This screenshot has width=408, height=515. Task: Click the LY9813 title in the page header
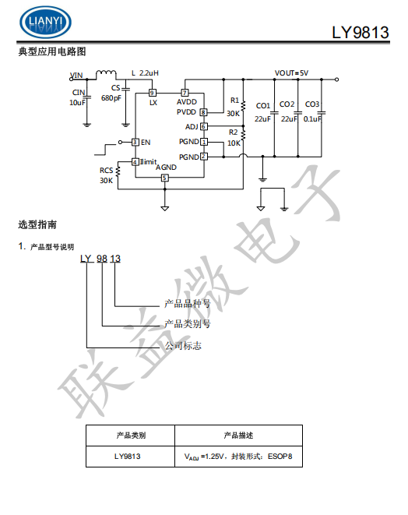pos(361,33)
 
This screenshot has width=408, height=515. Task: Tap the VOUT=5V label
pos(291,73)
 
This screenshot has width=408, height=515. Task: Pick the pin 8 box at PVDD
pos(203,112)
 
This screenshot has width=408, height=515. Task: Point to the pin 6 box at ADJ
pos(203,126)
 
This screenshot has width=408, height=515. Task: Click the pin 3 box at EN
pos(135,142)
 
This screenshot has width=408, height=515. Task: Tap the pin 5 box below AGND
pos(164,178)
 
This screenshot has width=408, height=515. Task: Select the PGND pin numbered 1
pos(203,142)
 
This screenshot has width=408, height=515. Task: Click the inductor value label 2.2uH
pos(149,73)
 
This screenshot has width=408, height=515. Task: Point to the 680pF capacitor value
pos(111,98)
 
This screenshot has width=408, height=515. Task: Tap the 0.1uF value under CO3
pos(314,118)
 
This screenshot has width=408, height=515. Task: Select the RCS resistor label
pos(106,171)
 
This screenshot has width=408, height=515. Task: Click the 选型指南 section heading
pos(37,225)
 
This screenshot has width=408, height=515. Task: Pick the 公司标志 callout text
pos(182,345)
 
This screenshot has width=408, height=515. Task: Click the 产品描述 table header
pos(238,436)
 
